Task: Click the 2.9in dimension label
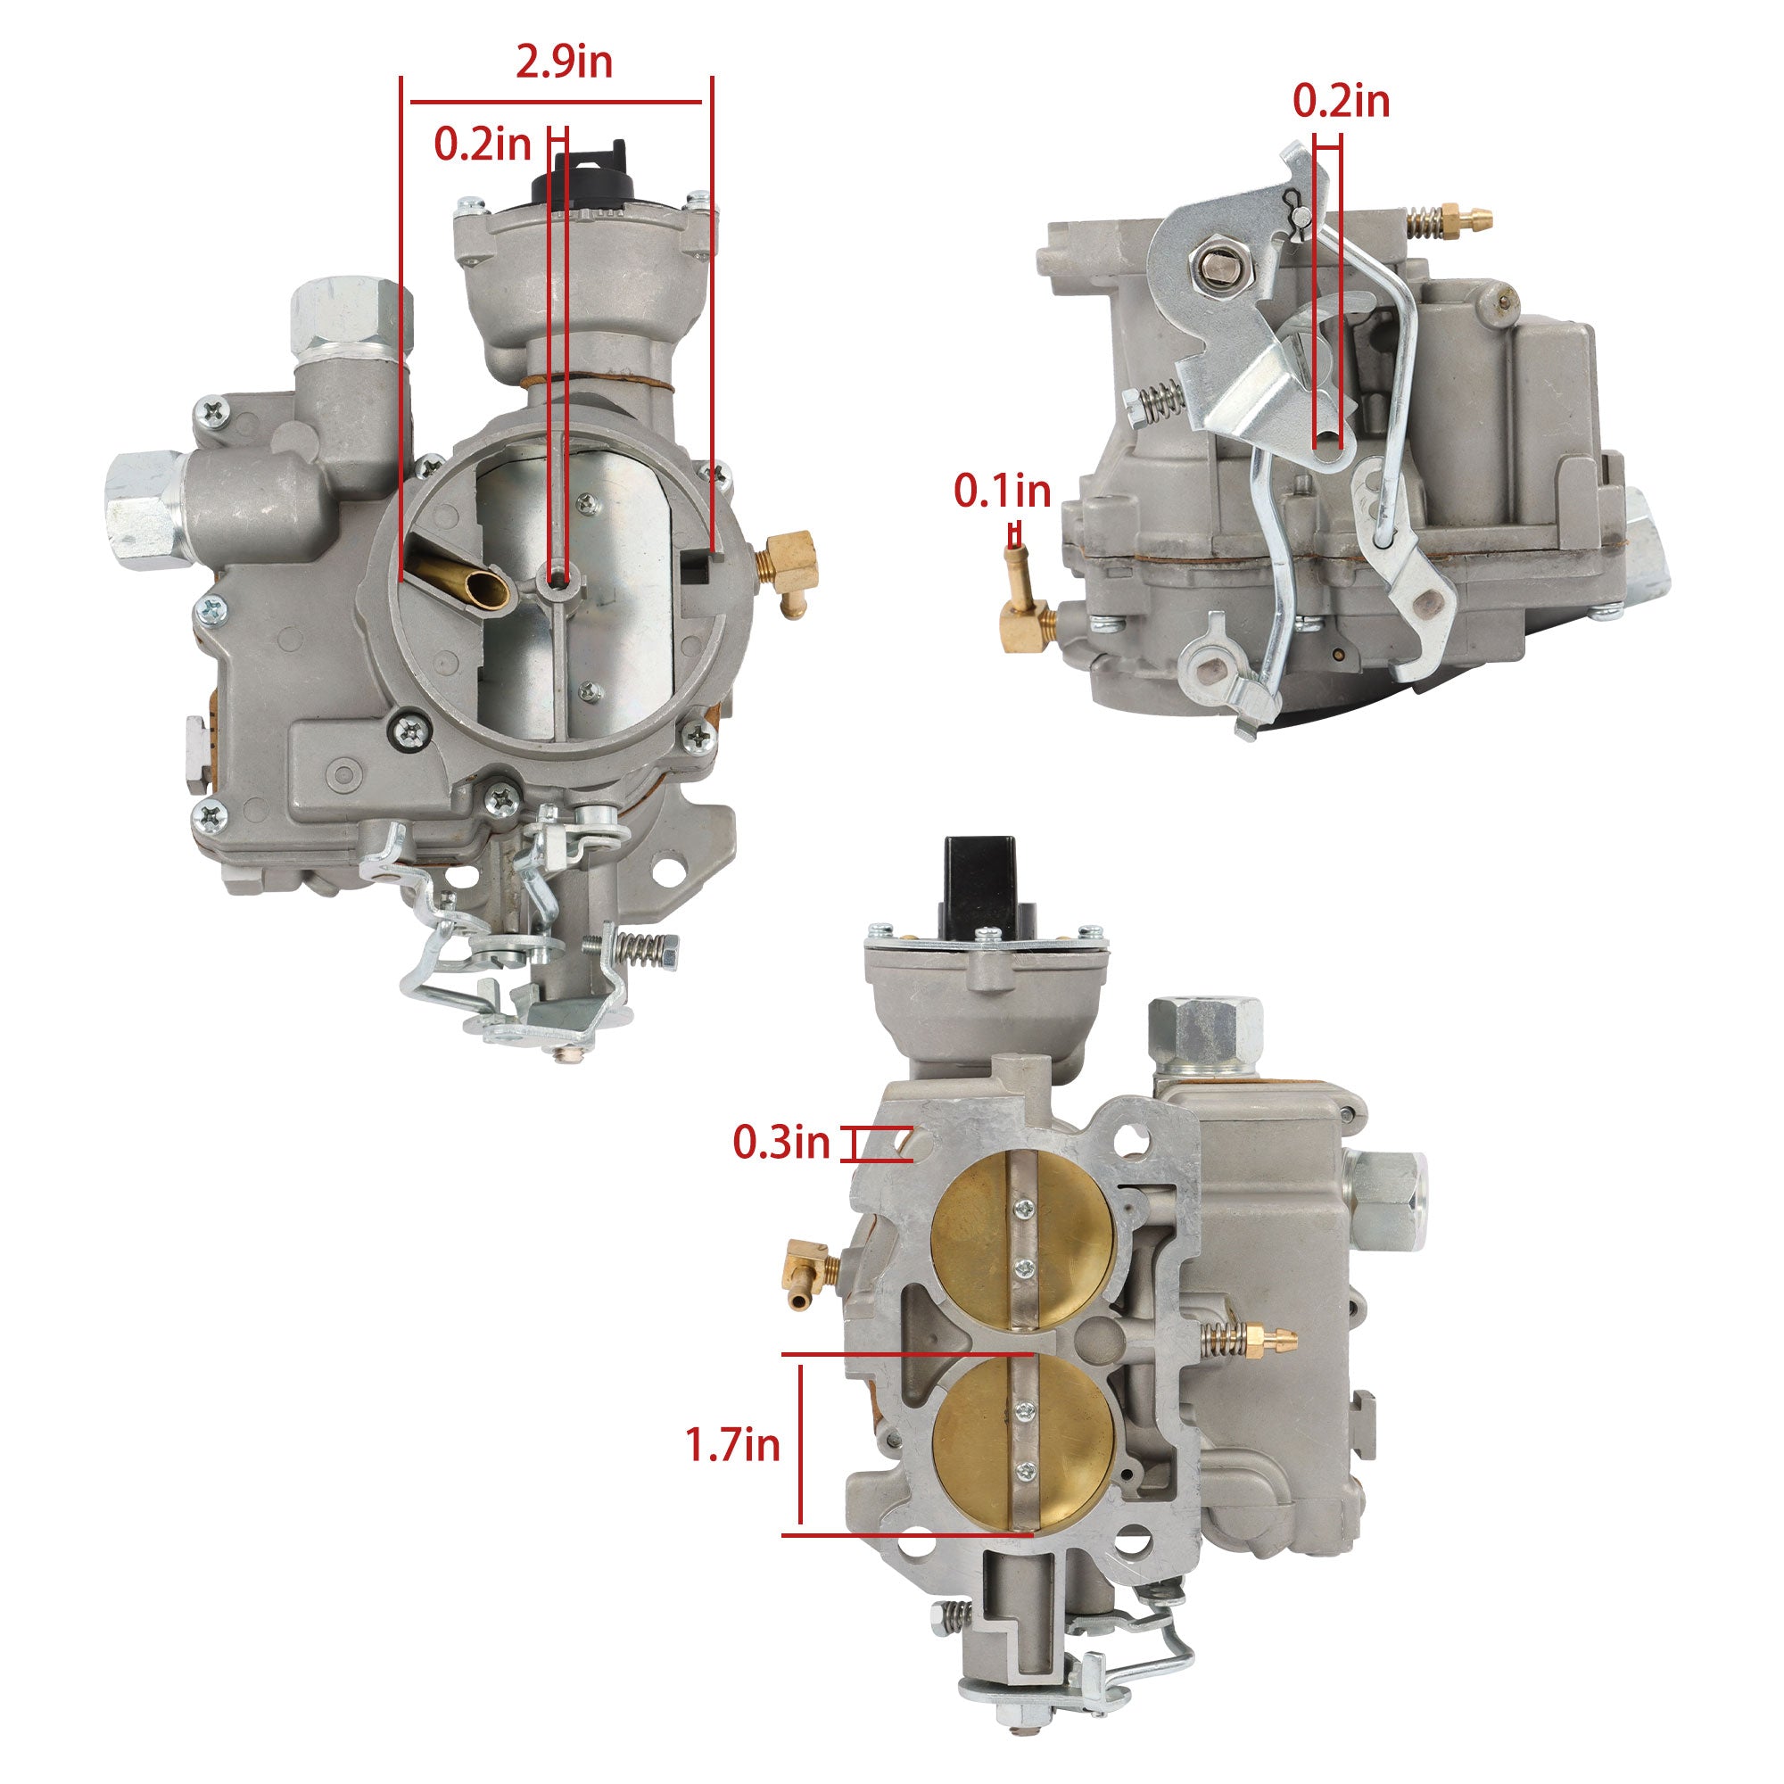(x=563, y=62)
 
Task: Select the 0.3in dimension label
(x=782, y=1144)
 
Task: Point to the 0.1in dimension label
(x=1003, y=491)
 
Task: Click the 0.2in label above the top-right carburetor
(x=1341, y=101)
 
